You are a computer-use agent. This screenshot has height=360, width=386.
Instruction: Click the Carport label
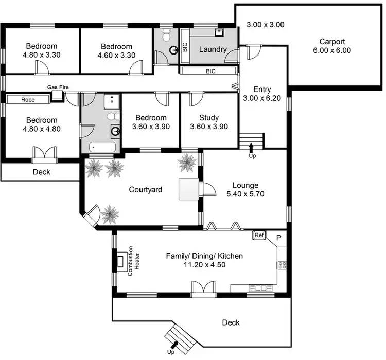(331, 42)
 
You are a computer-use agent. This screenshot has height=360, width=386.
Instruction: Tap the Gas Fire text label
(58, 87)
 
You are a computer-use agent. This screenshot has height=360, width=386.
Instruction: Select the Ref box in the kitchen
(258, 236)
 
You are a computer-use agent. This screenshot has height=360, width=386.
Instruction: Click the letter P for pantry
(278, 238)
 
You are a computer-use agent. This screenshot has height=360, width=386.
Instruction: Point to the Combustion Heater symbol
(121, 262)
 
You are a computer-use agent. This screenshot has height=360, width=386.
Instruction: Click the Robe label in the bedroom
(28, 100)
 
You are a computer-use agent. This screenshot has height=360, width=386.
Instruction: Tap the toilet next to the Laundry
(166, 35)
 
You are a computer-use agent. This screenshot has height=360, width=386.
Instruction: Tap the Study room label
(208, 117)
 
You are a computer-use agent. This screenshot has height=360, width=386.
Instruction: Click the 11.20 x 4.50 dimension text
(204, 265)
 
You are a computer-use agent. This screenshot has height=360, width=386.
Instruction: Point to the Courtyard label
(146, 190)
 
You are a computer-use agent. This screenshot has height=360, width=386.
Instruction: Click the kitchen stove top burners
(282, 265)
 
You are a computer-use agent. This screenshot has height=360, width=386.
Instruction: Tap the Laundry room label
(213, 49)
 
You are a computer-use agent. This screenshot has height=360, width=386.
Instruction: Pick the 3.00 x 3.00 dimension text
(266, 24)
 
